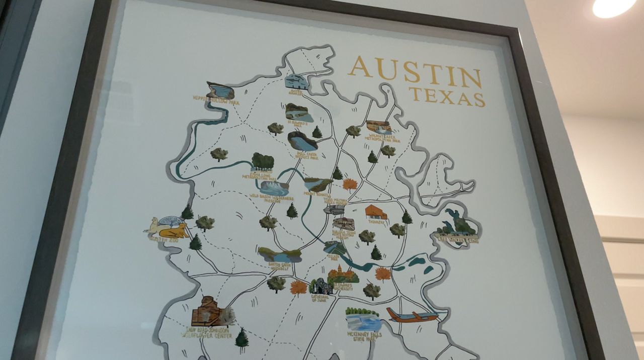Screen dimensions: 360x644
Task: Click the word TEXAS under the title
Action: [447, 96]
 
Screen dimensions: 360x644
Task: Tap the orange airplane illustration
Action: [412, 316]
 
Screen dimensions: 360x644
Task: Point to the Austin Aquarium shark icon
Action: [296, 81]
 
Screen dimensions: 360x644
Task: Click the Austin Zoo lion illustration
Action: [174, 231]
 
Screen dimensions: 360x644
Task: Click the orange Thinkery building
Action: [376, 212]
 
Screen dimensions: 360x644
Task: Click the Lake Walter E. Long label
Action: [456, 240]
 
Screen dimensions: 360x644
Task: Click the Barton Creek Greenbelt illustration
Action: [280, 255]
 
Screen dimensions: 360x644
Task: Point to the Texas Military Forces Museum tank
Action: [334, 209]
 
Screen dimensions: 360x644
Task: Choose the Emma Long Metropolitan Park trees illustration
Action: [263, 161]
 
